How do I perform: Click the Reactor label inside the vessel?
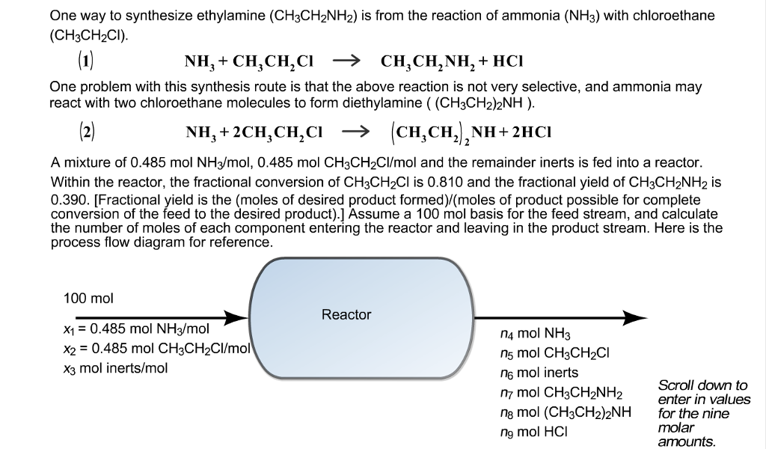[x=346, y=315]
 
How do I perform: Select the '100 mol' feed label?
[x=88, y=299]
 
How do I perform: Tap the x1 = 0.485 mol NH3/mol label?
[x=137, y=329]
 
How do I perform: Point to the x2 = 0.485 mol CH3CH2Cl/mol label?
[x=156, y=348]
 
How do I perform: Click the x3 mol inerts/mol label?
[x=116, y=367]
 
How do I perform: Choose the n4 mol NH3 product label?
[x=538, y=334]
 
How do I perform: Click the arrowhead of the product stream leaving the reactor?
[x=636, y=317]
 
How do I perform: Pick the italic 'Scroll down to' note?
[x=702, y=385]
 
